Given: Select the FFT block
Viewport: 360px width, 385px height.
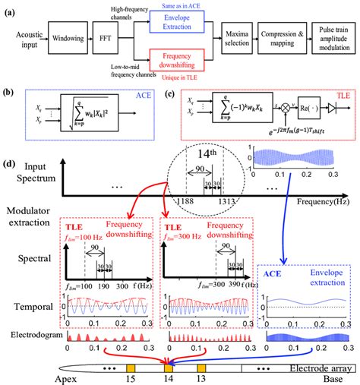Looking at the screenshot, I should pyautogui.click(x=117, y=35).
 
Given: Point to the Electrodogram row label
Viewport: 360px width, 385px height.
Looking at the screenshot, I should pyautogui.click(x=30, y=333).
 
